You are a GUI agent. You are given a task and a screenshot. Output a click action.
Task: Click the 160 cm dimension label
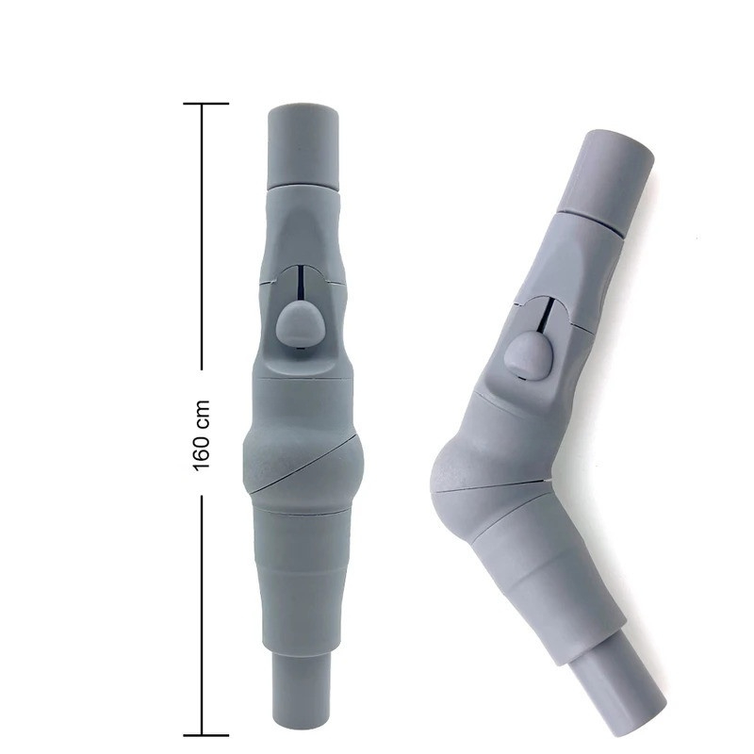pyautogui.click(x=202, y=435)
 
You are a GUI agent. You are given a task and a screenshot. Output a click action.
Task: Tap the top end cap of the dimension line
pyautogui.click(x=205, y=104)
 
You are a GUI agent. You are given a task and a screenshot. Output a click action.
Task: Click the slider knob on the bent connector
pyautogui.click(x=528, y=357)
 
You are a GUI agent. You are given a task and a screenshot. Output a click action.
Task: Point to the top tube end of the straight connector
pyautogui.click(x=303, y=146)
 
